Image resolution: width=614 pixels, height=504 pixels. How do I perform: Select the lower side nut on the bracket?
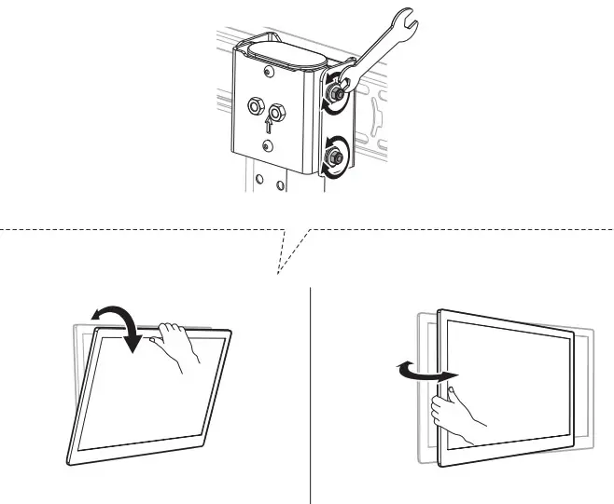click(332, 157)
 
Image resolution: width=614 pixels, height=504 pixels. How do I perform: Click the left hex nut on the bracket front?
click(253, 108)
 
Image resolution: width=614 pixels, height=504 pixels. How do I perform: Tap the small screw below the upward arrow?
click(268, 146)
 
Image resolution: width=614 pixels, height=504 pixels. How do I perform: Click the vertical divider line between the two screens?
click(310, 391)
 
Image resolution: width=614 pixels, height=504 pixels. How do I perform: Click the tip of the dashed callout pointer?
click(277, 274)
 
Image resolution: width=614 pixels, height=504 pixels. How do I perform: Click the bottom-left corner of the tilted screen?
click(70, 462)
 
